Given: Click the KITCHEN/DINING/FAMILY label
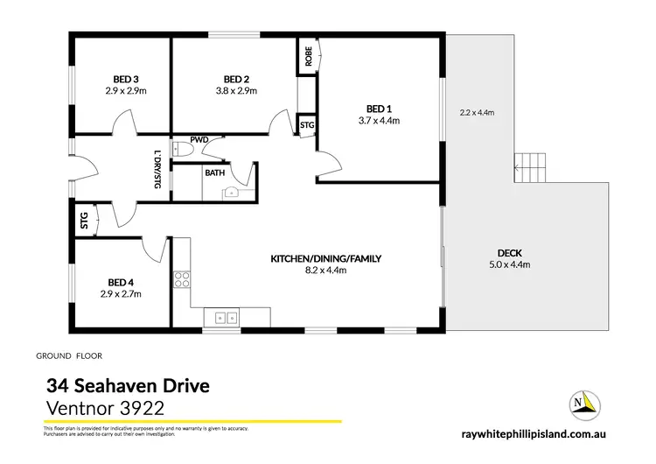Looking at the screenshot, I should pyautogui.click(x=326, y=258).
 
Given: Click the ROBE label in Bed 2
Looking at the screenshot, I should pyautogui.click(x=309, y=57).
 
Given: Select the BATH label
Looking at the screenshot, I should pyautogui.click(x=215, y=173).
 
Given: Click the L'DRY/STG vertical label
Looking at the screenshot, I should pyautogui.click(x=157, y=170).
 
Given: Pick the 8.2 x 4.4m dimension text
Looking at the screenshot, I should pyautogui.click(x=326, y=271).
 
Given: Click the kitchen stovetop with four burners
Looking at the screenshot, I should pyautogui.click(x=184, y=280).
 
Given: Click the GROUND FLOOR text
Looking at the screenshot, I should pyautogui.click(x=69, y=357).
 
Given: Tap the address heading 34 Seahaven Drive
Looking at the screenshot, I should pyautogui.click(x=126, y=385).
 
